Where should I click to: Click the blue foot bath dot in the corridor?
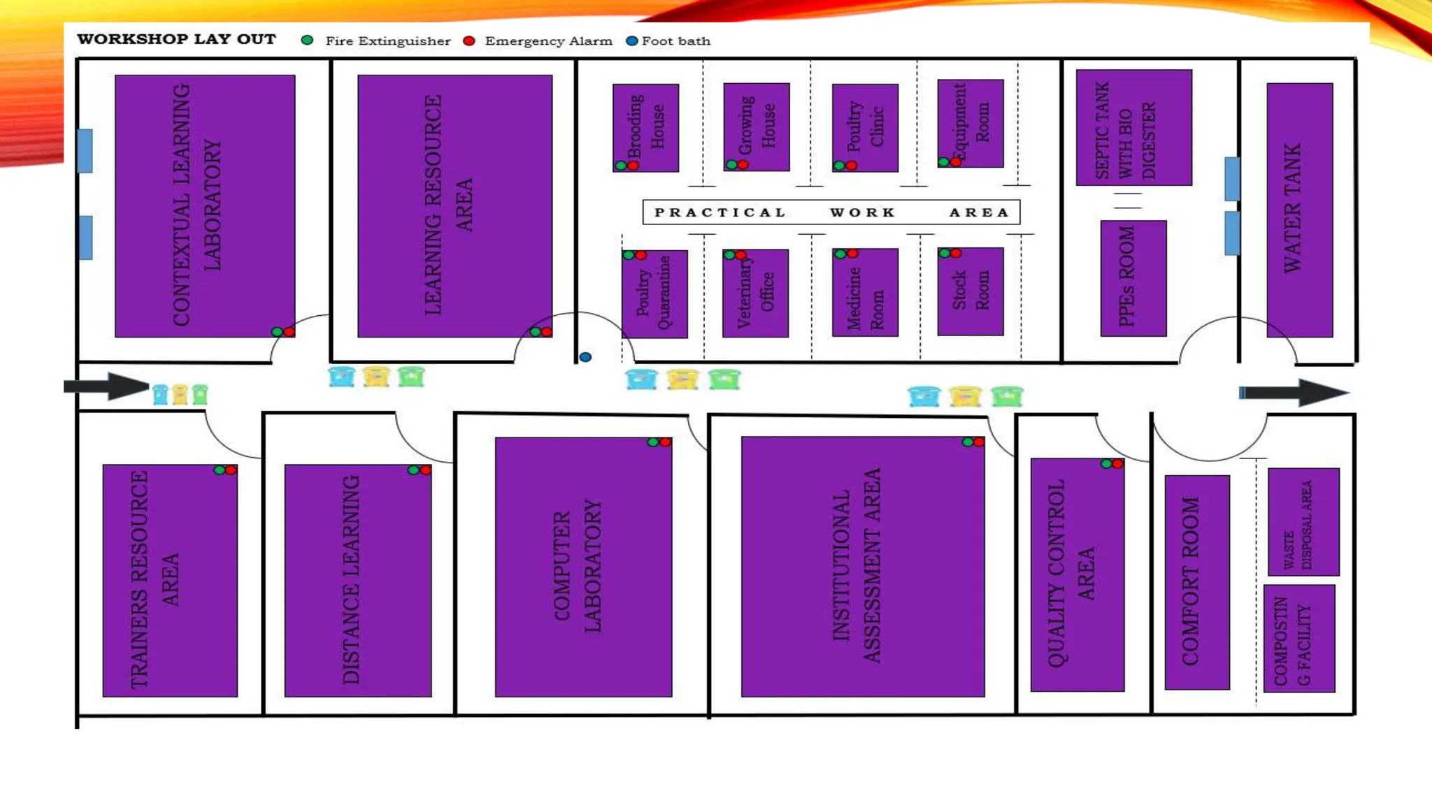(x=585, y=357)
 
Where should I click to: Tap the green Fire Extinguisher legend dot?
(x=307, y=41)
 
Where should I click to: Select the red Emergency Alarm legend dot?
(x=469, y=41)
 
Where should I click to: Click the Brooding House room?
(x=645, y=127)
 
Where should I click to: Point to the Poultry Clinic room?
(x=865, y=127)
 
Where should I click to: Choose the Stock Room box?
(x=970, y=291)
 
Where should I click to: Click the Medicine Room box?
(x=865, y=292)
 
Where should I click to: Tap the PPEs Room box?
(x=1133, y=278)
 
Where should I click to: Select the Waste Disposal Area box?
(x=1303, y=521)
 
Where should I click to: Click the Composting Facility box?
(x=1299, y=639)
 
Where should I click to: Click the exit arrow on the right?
(x=1294, y=392)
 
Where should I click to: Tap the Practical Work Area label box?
(x=831, y=212)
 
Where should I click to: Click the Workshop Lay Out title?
(x=176, y=39)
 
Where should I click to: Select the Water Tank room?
(x=1299, y=210)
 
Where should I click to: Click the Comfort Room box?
(x=1196, y=582)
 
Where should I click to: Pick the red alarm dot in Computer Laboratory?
(x=665, y=442)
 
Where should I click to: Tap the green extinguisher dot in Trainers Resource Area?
(x=220, y=470)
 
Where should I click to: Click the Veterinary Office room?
(x=755, y=293)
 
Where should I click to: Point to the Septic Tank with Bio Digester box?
(x=1133, y=127)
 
